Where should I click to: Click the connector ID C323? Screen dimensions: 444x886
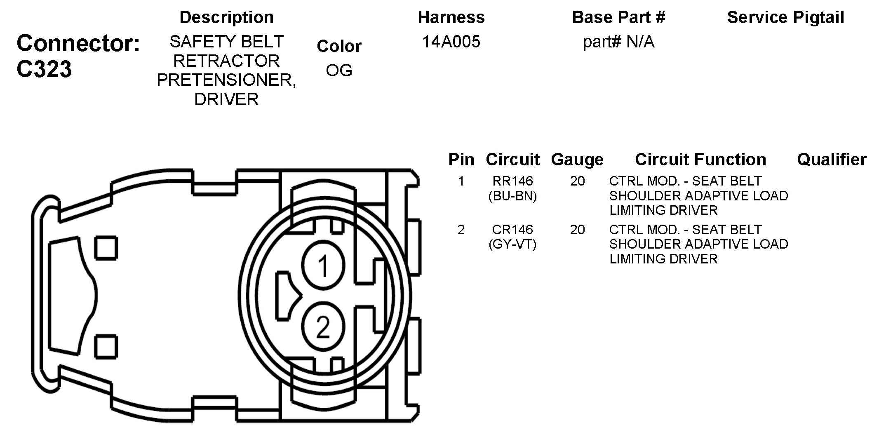point(44,69)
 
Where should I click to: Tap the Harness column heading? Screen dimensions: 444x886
point(451,17)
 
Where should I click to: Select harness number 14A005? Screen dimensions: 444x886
point(451,42)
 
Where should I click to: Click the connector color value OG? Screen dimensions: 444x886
point(339,70)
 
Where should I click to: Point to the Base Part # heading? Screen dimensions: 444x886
point(618,17)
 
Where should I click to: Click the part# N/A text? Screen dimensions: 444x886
point(618,42)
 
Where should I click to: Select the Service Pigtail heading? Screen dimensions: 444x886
point(785,17)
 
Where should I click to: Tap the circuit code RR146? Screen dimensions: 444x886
point(512,181)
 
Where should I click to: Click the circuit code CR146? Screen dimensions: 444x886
point(512,230)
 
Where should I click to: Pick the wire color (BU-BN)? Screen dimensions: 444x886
point(512,196)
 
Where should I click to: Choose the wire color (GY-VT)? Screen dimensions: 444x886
point(512,245)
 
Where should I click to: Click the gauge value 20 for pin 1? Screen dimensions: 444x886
point(577,181)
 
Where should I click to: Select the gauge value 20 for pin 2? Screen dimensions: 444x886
point(577,230)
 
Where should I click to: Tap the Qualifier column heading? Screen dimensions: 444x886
point(832,160)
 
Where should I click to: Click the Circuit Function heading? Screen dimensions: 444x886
point(700,160)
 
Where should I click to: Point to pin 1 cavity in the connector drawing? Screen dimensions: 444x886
point(323,266)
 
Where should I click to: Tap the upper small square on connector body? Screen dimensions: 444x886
point(106,248)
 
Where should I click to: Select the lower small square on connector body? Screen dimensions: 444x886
point(106,347)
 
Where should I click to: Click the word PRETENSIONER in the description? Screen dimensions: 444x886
point(226,80)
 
